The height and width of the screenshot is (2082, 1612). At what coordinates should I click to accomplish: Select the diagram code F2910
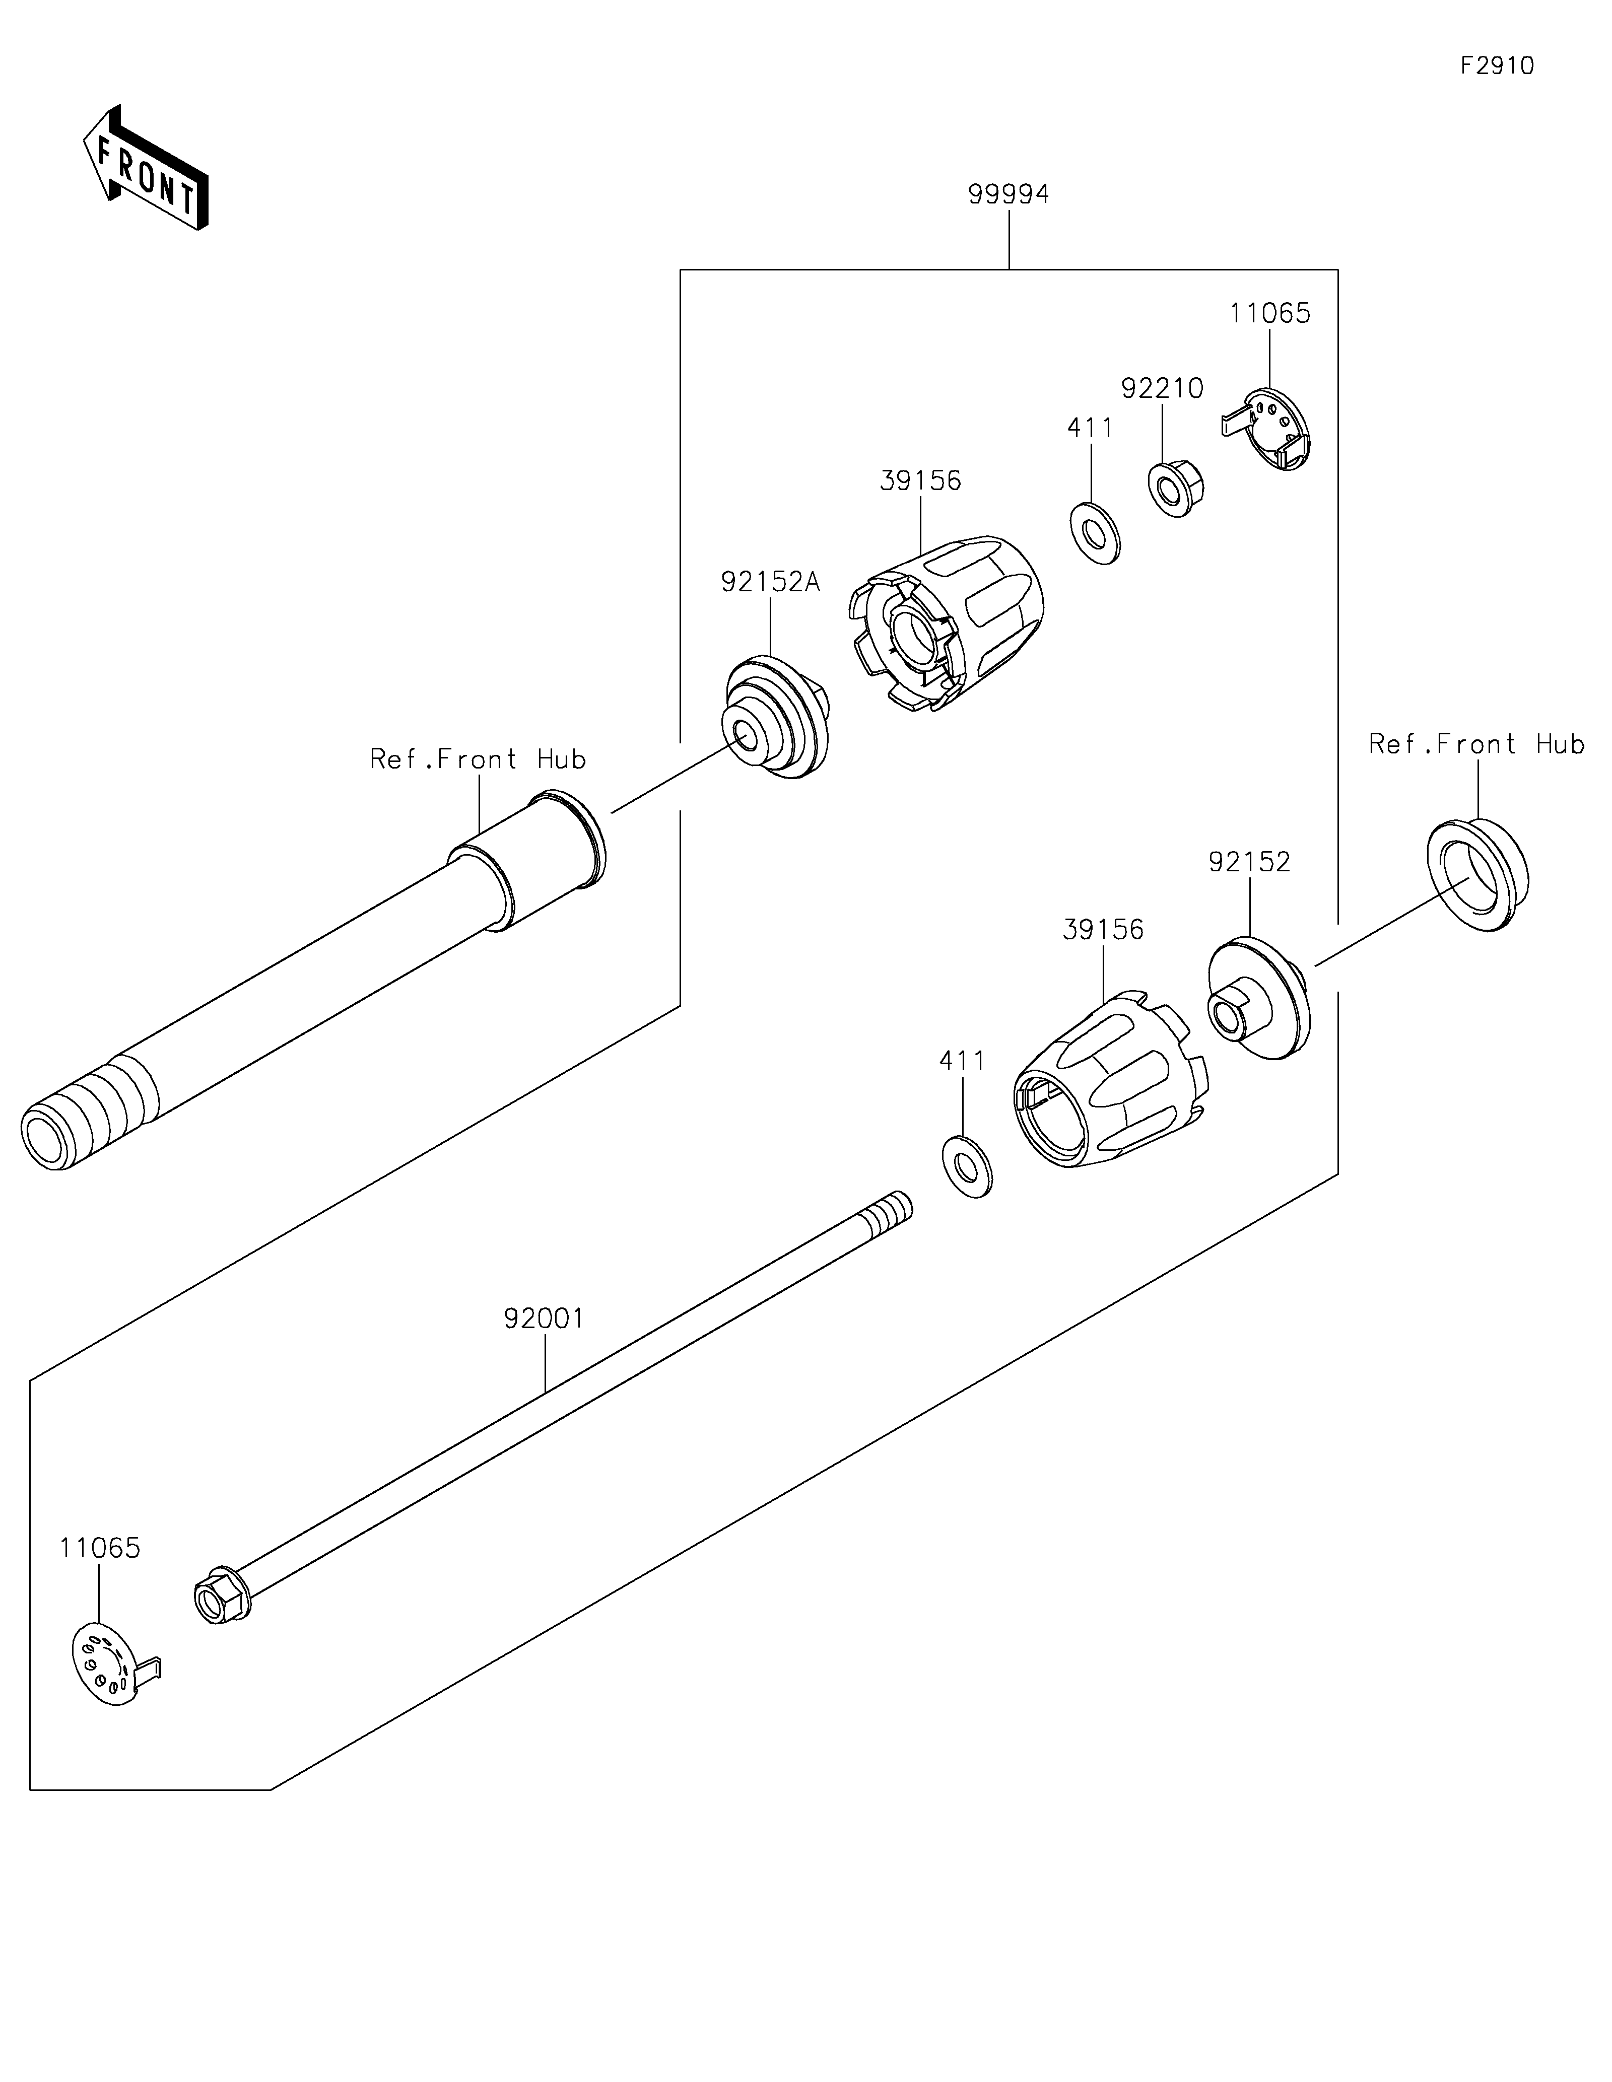point(1497,66)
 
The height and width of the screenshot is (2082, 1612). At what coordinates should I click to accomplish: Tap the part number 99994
point(1009,194)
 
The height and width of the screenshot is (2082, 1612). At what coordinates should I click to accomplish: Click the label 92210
point(1162,389)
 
